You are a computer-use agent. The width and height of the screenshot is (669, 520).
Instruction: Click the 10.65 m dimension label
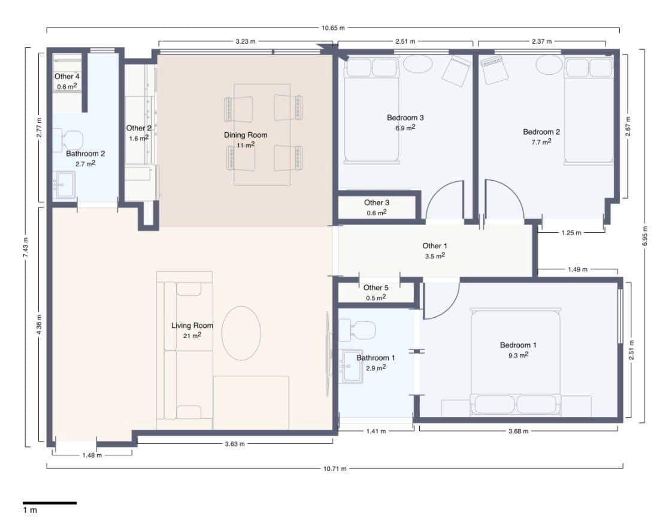pos(333,28)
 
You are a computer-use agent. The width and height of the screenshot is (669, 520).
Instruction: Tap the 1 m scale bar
pos(50,503)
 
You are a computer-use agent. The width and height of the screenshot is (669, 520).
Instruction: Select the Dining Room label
pos(246,135)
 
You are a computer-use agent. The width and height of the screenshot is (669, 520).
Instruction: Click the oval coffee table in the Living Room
pos(241,333)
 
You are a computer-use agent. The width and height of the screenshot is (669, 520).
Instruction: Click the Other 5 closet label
pos(376,288)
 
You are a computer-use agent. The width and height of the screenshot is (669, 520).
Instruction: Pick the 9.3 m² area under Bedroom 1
pos(519,355)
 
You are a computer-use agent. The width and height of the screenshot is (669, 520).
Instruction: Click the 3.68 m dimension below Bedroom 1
pos(519,431)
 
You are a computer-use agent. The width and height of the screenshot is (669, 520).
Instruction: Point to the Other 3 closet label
pos(377,203)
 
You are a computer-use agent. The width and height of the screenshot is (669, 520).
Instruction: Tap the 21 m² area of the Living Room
pos(192,336)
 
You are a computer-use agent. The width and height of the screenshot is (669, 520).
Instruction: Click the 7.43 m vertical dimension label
pos(26,247)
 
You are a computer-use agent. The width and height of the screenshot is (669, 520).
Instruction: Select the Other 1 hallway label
pos(435,246)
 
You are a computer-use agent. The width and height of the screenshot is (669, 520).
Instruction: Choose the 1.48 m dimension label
pos(92,455)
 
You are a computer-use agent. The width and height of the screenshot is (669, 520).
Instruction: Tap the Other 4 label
pos(67,77)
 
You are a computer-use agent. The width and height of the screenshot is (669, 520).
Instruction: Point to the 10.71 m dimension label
pos(335,469)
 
